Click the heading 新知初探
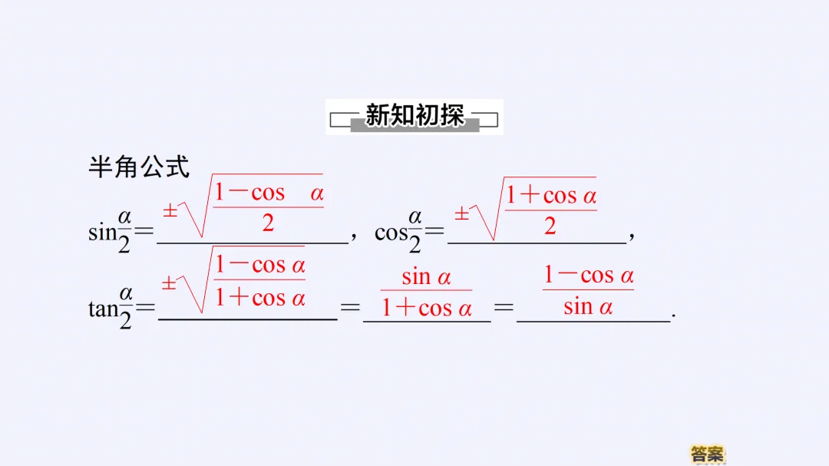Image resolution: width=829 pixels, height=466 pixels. [x=414, y=116]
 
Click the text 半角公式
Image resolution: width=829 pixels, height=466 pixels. [x=139, y=166]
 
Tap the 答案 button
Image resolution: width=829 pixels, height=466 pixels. [x=707, y=454]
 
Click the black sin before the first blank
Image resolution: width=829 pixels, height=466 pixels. [x=103, y=232]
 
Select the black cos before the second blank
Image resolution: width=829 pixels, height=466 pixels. [x=390, y=232]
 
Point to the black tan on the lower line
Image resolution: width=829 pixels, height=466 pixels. [x=103, y=309]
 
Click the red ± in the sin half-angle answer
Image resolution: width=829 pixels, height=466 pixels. [x=170, y=210]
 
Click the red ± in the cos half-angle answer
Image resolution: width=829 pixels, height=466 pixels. [x=461, y=213]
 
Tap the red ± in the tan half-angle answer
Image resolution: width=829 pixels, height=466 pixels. [x=169, y=283]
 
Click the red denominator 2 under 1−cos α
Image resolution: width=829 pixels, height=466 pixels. [x=268, y=223]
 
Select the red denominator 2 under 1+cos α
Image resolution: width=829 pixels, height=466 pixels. [x=550, y=226]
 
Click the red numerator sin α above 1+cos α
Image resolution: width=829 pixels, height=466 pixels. [x=426, y=276]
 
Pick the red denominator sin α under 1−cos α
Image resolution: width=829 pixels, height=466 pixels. [x=588, y=307]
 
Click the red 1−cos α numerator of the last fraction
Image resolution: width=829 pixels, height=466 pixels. [x=589, y=275]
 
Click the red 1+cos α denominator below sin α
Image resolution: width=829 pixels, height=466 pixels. [x=427, y=309]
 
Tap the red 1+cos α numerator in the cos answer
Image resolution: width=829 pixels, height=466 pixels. [x=550, y=196]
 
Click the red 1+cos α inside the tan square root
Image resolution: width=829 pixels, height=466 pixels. [x=259, y=298]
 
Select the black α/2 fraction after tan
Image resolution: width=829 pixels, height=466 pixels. [x=126, y=307]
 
